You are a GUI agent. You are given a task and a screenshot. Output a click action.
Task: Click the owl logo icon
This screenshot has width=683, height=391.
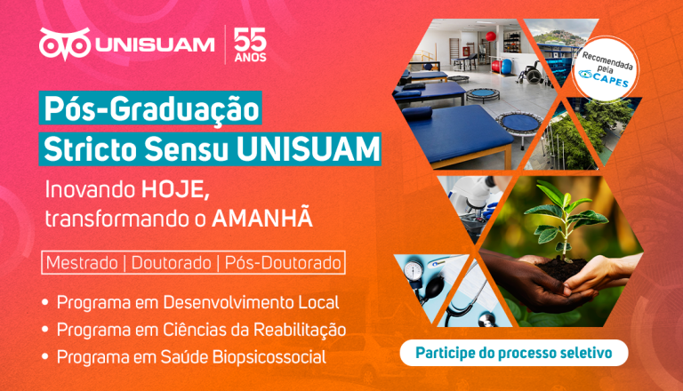tap(64, 44)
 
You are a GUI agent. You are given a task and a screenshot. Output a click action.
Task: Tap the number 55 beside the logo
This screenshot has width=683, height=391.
tap(250, 40)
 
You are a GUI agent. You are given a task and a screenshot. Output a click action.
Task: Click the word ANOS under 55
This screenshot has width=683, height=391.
tap(250, 58)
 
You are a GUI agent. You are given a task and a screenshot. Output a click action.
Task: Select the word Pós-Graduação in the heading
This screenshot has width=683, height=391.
tap(151, 108)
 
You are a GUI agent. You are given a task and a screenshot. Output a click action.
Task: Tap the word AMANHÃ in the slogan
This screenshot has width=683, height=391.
tap(262, 217)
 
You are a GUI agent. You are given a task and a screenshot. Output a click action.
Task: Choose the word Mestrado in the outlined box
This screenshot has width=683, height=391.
tap(82, 263)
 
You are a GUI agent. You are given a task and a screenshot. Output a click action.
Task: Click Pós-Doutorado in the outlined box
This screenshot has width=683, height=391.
tap(283, 263)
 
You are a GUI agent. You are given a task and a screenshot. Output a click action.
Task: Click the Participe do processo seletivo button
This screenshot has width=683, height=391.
tap(514, 353)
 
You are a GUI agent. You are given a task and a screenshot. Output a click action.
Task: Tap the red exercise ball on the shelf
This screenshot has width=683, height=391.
tap(491, 36)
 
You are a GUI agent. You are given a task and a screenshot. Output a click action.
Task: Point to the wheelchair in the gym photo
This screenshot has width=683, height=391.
tap(531, 74)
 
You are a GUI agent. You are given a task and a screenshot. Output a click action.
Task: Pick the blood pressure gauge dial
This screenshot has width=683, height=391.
tap(414, 271)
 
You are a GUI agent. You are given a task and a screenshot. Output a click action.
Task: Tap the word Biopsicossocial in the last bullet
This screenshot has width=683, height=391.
tap(269, 357)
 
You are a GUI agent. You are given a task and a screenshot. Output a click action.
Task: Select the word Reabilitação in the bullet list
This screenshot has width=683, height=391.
tap(300, 330)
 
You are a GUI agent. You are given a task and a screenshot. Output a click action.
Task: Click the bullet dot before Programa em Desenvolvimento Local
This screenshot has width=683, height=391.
tap(44, 303)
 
